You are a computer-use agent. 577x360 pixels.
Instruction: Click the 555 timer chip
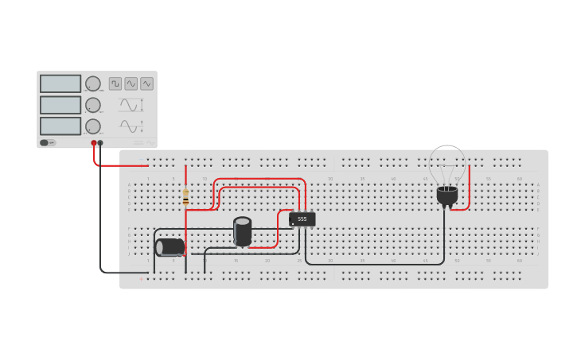point(302,219)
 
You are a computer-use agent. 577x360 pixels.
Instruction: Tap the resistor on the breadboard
point(185,195)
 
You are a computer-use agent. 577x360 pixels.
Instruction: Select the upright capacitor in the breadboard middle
point(243,231)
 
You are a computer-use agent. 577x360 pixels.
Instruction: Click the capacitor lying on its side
point(170,247)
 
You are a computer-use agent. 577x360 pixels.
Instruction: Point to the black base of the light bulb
point(447,195)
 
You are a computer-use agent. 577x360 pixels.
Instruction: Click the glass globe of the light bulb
point(447,165)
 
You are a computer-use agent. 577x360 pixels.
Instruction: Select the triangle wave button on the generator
point(147,83)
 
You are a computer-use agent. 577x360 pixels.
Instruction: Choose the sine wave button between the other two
point(131,83)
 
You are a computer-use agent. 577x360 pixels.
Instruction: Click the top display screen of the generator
point(60,83)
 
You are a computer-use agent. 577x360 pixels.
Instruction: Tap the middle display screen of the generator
point(60,105)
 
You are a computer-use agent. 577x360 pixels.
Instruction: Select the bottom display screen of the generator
point(60,126)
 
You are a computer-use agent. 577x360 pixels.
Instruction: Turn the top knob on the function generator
point(93,83)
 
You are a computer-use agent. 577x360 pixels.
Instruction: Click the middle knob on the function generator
point(93,105)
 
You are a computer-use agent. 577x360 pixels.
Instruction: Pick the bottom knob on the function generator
point(93,126)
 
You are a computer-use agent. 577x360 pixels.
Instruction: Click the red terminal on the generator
point(94,143)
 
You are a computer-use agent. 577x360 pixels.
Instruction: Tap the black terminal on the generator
point(100,143)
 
